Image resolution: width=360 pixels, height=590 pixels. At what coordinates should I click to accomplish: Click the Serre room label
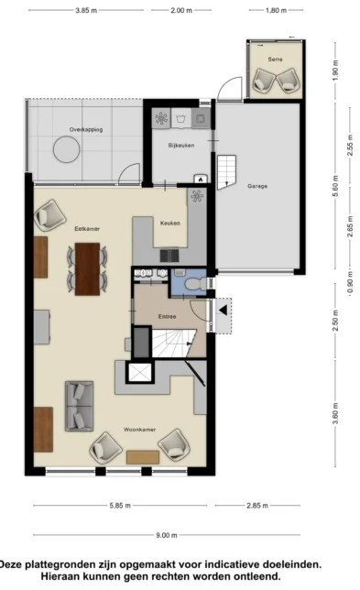coord(275,59)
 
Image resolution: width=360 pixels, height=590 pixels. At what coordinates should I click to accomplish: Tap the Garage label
coord(257,186)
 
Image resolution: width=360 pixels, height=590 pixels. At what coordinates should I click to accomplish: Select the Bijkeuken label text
coord(181,146)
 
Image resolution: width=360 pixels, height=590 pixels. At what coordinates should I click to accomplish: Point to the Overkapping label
coord(86,130)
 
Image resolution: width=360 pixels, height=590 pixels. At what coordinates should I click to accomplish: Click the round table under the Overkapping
coord(67,149)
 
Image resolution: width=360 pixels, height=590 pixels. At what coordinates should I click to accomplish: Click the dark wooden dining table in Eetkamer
coord(87,268)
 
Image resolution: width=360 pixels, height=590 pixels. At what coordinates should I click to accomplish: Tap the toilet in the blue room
coord(196,283)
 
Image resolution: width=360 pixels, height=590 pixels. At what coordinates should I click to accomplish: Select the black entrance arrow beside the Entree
coord(224,311)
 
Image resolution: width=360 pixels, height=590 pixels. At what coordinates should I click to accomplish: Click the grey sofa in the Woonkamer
coord(79,406)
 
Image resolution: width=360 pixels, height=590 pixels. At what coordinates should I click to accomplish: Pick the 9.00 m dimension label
coord(167,535)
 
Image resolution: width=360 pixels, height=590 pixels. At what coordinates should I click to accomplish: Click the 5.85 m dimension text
coord(120,506)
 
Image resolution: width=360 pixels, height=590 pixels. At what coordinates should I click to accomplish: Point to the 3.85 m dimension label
coord(86,11)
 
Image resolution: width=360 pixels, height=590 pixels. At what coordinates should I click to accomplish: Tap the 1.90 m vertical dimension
coord(336,70)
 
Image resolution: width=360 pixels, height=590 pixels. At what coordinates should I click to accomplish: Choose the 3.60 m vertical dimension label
coord(336,413)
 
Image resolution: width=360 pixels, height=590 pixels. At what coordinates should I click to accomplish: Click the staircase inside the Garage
coord(226,172)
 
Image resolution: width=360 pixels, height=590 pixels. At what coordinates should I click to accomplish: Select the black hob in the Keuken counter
coord(169,256)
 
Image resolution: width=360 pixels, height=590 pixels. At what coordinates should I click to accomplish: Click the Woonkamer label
coord(139,430)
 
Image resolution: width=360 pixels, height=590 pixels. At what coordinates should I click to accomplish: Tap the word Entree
coord(167,316)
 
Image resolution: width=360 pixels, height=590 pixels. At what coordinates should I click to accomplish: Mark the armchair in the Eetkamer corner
coord(50,215)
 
